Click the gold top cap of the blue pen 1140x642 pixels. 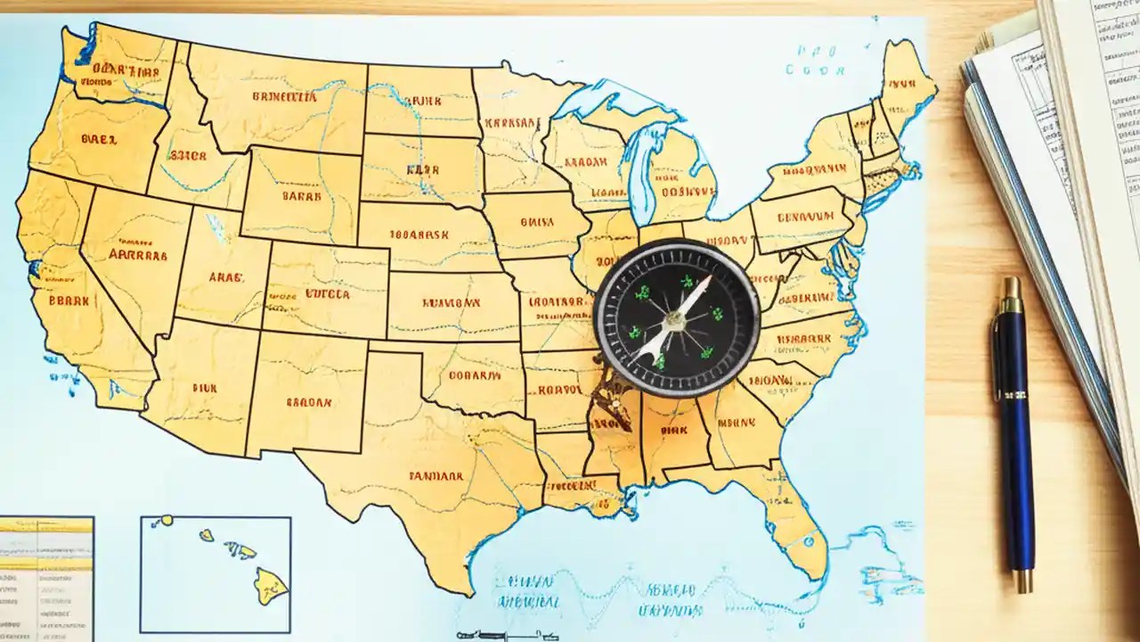click(x=1010, y=294)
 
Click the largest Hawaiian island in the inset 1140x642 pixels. click(x=269, y=585)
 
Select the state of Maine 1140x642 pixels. click(x=906, y=76)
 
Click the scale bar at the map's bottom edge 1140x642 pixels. click(x=499, y=635)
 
